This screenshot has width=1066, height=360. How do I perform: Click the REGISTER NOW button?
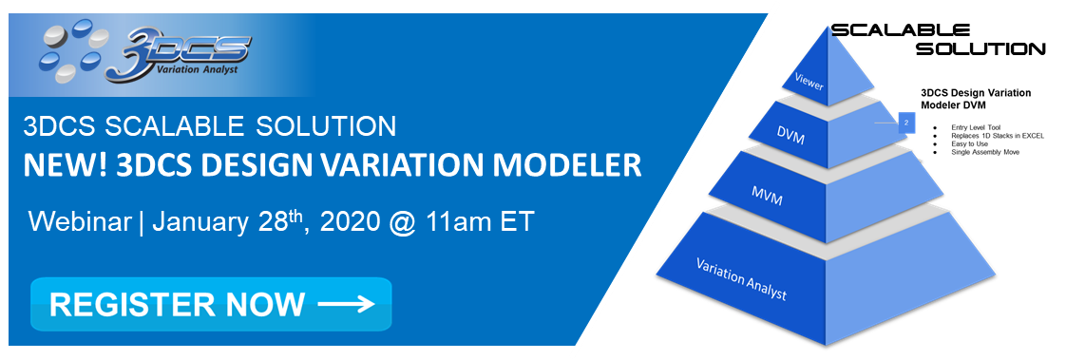210,304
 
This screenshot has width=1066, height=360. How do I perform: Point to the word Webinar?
81,223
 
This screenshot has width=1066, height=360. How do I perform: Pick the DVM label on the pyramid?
790,139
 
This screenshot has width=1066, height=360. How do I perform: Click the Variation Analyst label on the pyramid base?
741,278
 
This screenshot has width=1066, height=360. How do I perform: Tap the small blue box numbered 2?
906,123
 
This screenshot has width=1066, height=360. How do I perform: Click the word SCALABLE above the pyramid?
902,30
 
